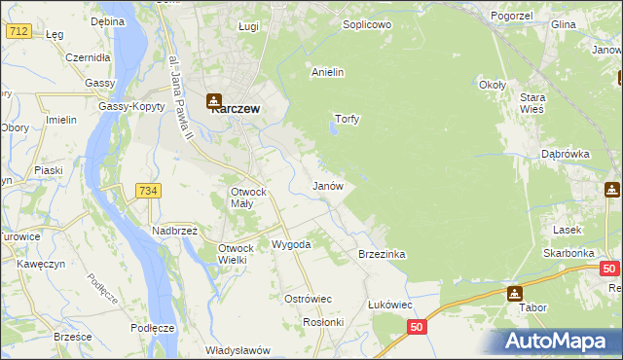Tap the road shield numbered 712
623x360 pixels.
point(18,31)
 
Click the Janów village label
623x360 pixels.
point(326,185)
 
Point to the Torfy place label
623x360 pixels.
point(348,120)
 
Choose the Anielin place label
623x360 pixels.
point(328,72)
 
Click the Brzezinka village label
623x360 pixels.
point(382,254)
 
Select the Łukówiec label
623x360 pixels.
point(390,305)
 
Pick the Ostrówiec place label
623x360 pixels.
point(309,299)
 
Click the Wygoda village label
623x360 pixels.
point(291,244)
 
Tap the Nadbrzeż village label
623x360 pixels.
point(175,231)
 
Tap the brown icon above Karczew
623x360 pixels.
point(215,97)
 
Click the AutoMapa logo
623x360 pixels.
point(558,341)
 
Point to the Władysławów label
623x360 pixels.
point(238,350)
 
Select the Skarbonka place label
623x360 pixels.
point(569,252)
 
